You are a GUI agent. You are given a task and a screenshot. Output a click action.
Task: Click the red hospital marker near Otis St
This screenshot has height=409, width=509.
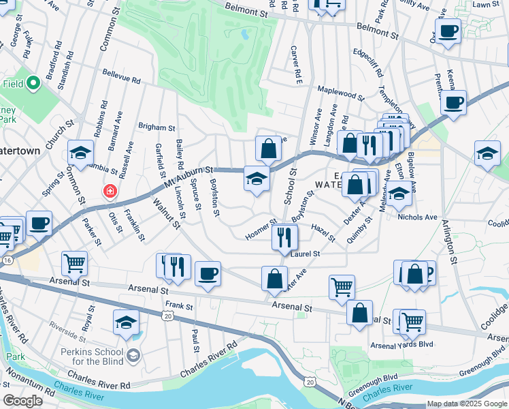(x=110, y=191)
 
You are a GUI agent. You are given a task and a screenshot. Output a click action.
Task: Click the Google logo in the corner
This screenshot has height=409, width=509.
(x=22, y=401)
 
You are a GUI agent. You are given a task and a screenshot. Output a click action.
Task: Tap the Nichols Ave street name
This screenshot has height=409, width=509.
(x=418, y=217)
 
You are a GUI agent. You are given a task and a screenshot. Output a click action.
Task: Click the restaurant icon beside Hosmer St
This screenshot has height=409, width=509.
(x=284, y=237)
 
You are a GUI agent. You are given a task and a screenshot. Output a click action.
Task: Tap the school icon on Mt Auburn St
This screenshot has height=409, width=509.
(x=257, y=179)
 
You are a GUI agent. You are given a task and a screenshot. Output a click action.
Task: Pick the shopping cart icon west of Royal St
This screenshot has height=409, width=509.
(x=75, y=263)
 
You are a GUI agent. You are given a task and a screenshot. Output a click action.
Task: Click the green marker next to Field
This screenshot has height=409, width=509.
(x=32, y=85)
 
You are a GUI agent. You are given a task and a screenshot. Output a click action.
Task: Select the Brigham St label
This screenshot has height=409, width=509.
(x=157, y=127)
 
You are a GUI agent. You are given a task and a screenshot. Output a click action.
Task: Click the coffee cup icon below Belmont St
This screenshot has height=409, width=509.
(x=448, y=31)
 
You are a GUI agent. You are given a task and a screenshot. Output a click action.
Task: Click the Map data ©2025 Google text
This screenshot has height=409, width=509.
(x=467, y=404)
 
